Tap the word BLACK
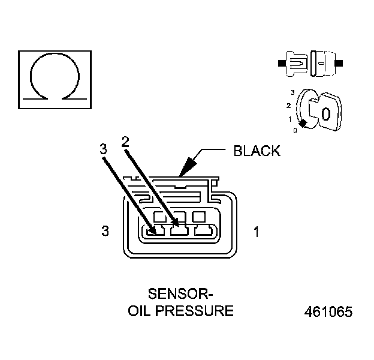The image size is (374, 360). point(256,151)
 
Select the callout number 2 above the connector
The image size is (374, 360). point(125,142)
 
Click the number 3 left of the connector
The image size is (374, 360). point(105,231)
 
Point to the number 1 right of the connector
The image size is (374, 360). point(257,231)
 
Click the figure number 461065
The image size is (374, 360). point(328,313)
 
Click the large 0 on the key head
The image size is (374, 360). point(325,114)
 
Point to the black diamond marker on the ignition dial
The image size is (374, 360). point(303,123)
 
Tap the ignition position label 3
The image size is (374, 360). point(292,92)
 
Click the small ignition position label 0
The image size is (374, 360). point(295,130)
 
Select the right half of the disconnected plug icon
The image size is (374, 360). point(324,62)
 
